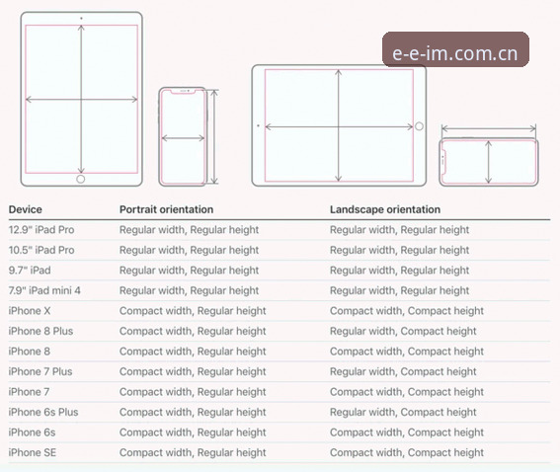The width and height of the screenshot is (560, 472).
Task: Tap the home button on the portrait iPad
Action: click(x=81, y=179)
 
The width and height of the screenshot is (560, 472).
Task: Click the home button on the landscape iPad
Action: click(x=420, y=126)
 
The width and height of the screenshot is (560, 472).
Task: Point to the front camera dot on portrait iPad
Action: click(x=81, y=18)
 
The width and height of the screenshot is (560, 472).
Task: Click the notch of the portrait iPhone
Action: click(x=183, y=92)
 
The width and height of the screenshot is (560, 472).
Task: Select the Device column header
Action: click(x=26, y=209)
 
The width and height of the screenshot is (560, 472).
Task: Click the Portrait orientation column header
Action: click(x=167, y=209)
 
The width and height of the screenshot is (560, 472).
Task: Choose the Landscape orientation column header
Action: click(x=385, y=209)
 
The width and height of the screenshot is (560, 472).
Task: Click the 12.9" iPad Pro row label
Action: click(x=41, y=229)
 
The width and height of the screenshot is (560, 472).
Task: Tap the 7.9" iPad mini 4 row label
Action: click(x=44, y=290)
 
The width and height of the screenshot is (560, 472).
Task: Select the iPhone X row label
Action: click(x=30, y=311)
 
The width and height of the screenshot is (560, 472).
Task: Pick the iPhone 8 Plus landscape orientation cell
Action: click(x=403, y=331)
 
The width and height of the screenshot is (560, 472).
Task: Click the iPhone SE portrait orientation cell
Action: click(x=193, y=452)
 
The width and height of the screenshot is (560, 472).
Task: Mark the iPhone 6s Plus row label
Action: click(x=43, y=412)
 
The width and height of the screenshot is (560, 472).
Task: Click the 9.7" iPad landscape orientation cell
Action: click(x=400, y=271)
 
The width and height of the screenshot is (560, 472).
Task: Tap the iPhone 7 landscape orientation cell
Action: click(x=407, y=392)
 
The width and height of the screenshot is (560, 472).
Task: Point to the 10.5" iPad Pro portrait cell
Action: click(x=190, y=250)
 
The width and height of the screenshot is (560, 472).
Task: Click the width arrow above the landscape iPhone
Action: click(x=489, y=128)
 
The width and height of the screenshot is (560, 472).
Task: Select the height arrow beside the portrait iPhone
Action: click(x=214, y=137)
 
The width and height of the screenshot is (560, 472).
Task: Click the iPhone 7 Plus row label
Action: click(x=40, y=371)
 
